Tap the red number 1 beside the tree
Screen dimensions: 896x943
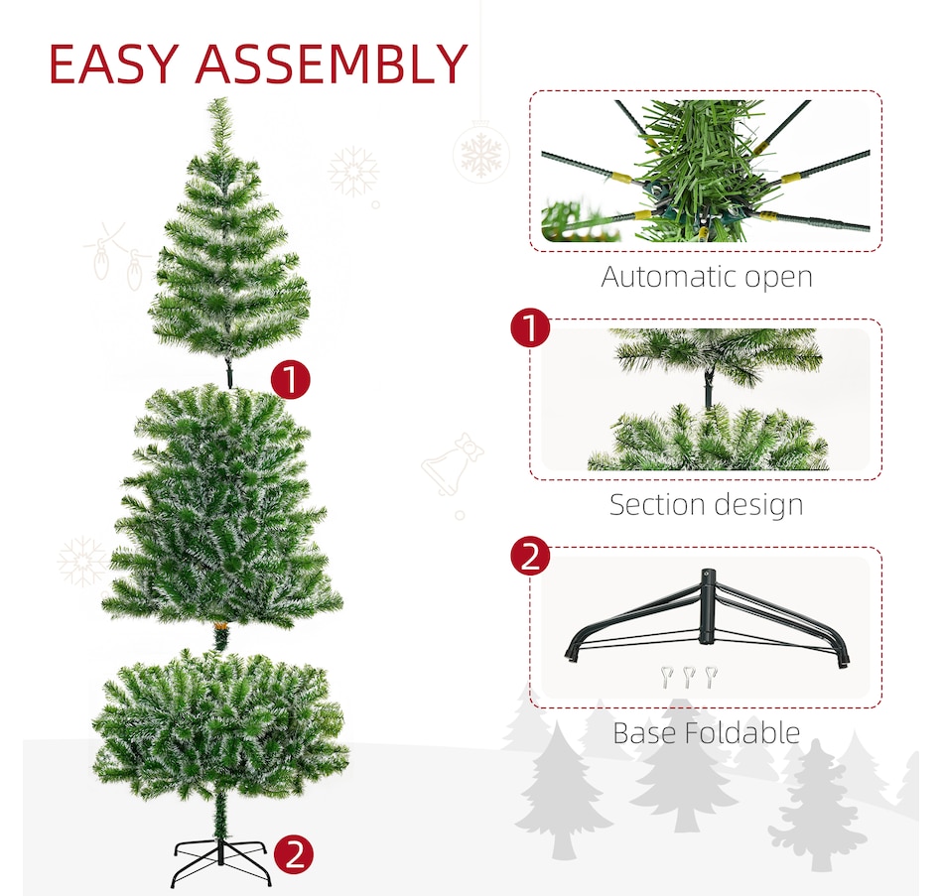290,380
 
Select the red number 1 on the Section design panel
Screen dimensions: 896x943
530,327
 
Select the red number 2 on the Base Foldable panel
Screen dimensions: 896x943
530,556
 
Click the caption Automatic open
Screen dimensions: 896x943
706,277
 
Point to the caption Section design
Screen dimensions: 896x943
706,504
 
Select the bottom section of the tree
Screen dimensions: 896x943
220,724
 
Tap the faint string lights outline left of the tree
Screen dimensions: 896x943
117,255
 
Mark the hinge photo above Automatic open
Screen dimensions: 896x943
706,170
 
